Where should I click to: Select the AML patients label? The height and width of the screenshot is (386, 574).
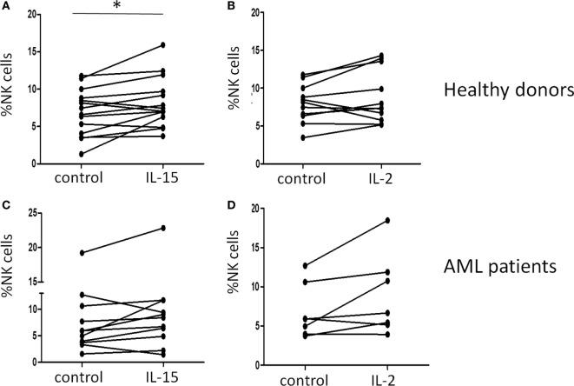coord(501,268)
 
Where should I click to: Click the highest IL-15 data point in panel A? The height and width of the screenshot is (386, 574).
coord(162,45)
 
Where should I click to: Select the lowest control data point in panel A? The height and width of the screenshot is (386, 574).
coord(57,154)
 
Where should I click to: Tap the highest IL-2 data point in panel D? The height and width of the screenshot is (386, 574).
coord(387,221)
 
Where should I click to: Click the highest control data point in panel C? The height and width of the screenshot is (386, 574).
coord(57,253)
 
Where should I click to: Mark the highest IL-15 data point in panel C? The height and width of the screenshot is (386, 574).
coord(162,228)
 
